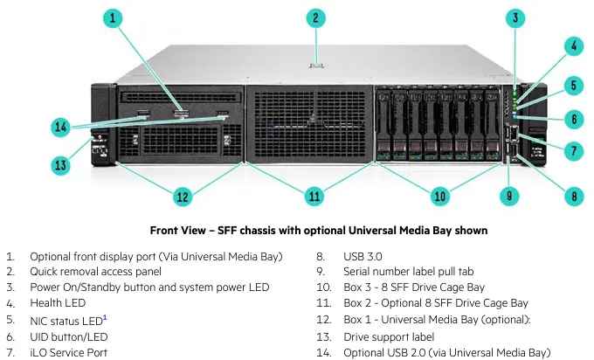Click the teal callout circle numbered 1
(115, 17)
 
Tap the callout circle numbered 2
(317, 17)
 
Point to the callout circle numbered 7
(574, 151)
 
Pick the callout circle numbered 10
(442, 197)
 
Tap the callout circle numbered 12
(182, 197)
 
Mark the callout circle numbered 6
(574, 118)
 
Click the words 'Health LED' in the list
(58, 303)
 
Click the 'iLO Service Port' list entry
(71, 352)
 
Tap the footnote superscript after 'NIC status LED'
(105, 316)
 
